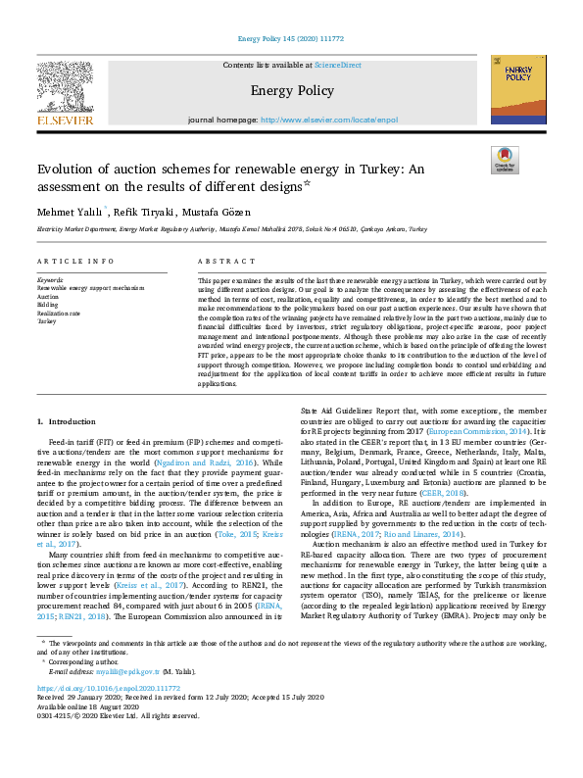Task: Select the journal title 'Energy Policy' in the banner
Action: tap(291, 91)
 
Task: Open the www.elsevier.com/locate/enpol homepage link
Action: tap(329, 120)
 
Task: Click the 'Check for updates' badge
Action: tap(505, 161)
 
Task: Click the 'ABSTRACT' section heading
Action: tap(226, 262)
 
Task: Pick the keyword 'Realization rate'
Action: tap(59, 313)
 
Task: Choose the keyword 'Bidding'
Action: tap(48, 305)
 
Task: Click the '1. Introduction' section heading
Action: tap(68, 420)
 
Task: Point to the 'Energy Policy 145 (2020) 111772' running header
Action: tap(291, 40)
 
